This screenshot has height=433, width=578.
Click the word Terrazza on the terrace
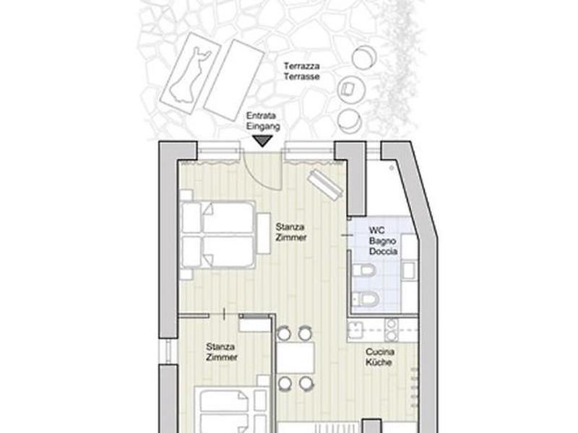(301, 66)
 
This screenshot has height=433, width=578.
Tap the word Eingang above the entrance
(263, 126)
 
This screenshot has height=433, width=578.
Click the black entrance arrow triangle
(262, 141)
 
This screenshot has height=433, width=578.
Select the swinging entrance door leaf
(281, 170)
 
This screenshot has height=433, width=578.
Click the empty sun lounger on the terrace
(233, 80)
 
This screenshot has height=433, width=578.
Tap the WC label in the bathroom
(376, 230)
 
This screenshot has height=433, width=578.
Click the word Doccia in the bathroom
(383, 251)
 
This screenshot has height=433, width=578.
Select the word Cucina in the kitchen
(380, 351)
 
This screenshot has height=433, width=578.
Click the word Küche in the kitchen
(379, 362)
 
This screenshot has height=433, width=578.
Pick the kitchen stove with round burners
(392, 330)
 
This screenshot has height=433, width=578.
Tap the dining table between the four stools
(296, 357)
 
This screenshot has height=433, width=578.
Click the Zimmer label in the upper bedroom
(291, 237)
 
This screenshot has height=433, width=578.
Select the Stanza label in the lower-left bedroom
(220, 347)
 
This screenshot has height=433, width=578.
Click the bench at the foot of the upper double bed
(264, 233)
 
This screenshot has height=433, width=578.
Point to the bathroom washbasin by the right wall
(408, 270)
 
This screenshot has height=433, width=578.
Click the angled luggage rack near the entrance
(325, 183)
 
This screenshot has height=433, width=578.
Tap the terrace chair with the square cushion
(351, 89)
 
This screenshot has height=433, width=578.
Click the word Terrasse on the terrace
(301, 77)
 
